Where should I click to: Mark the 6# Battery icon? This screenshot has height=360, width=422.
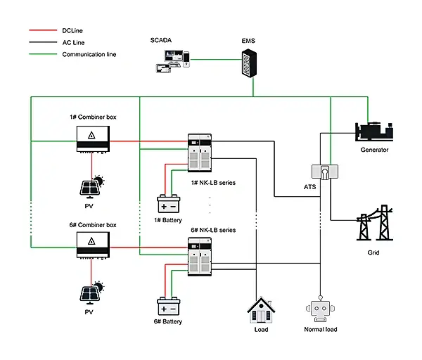(x=168, y=307)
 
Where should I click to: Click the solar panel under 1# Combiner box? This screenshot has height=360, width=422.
(x=93, y=188)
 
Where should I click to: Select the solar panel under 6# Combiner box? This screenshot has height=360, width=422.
(x=93, y=294)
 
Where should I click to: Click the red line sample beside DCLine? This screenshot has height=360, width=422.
(x=42, y=30)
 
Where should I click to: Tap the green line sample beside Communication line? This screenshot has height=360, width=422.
(x=42, y=54)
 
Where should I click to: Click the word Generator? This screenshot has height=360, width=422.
(x=374, y=150)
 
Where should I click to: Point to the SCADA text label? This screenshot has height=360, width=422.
(x=161, y=42)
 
